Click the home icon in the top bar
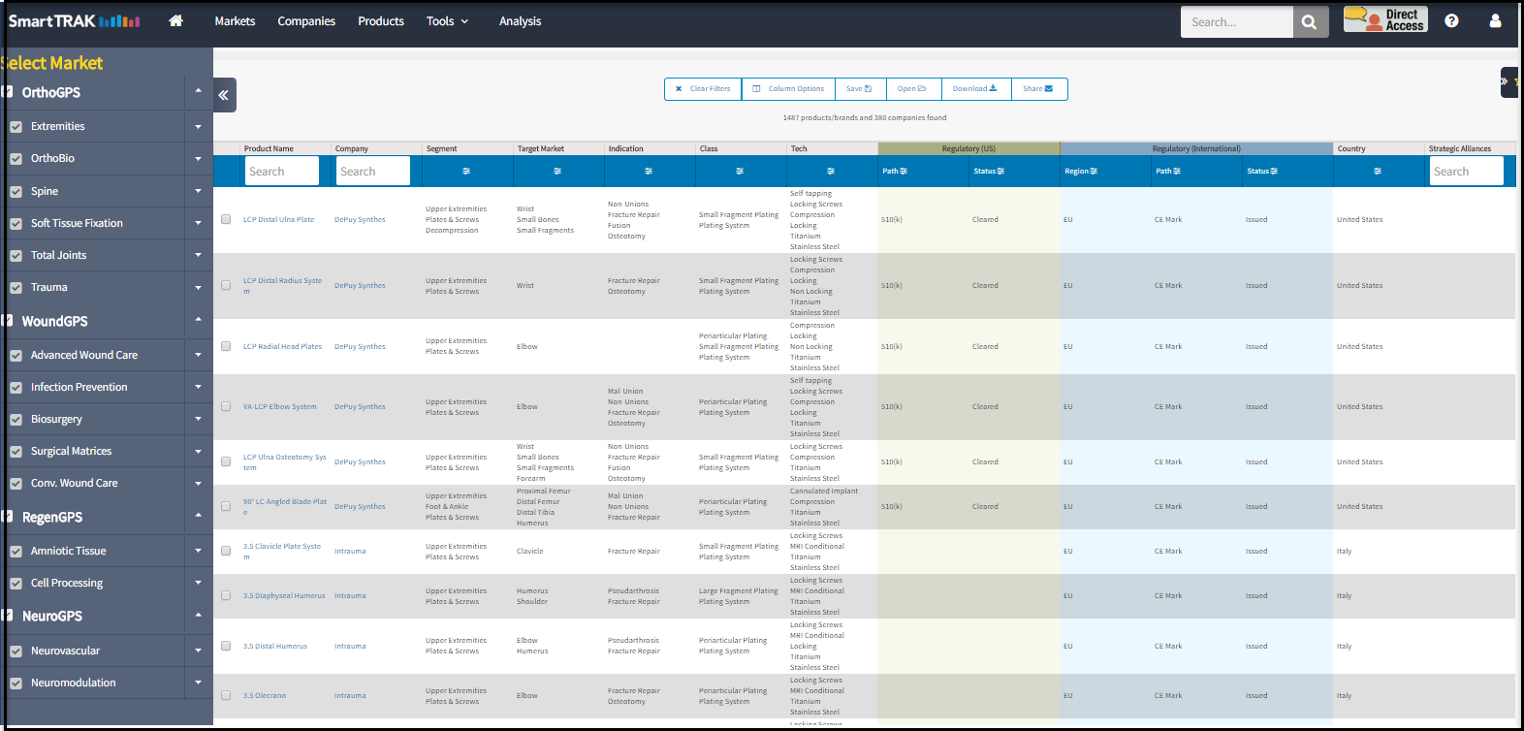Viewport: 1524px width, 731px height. pos(175,20)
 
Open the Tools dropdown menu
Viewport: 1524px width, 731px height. pos(447,21)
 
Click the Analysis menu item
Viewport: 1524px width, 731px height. pos(520,21)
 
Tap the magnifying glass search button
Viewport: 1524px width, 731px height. pos(1309,22)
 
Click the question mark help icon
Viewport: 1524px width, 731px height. pos(1451,20)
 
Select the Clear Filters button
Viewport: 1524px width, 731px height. pos(704,89)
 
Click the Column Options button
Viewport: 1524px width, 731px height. pos(789,89)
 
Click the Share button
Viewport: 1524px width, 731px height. pos(1038,89)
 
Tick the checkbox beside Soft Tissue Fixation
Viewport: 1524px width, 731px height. pos(16,224)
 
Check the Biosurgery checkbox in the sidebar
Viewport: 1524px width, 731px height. pos(16,420)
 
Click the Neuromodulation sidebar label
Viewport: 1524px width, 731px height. pos(73,683)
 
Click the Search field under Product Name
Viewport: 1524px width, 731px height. pos(281,172)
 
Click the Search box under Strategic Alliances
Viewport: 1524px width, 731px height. pos(1466,172)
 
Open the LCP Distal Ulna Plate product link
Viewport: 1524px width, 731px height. pos(278,220)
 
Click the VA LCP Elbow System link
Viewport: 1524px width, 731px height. pos(279,407)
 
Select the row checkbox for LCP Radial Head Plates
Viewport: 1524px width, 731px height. pos(226,346)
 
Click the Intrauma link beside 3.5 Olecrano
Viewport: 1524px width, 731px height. pos(350,696)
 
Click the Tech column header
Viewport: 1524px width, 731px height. pos(799,149)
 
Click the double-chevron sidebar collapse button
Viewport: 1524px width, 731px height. pos(224,95)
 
